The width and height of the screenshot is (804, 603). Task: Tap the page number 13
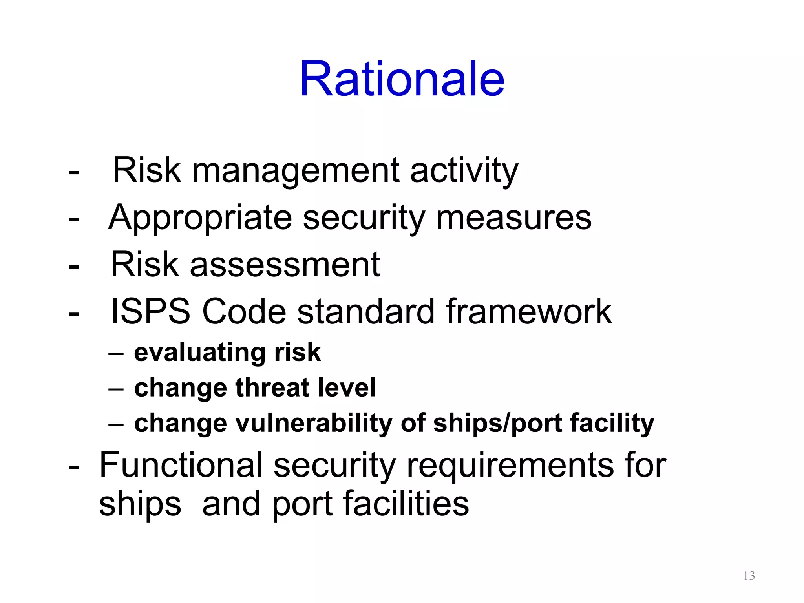(x=749, y=576)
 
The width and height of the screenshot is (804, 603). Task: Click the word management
(x=295, y=171)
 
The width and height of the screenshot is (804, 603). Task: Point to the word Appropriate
(x=200, y=218)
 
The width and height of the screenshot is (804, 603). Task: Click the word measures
(x=513, y=218)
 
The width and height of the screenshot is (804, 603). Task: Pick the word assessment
(x=285, y=265)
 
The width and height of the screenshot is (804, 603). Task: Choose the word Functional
(x=181, y=465)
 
